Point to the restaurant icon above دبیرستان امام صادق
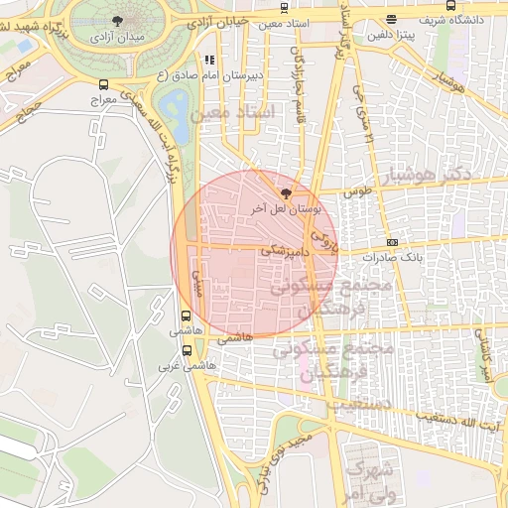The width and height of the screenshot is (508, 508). (x=208, y=60)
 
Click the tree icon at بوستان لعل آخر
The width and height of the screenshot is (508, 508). (x=288, y=193)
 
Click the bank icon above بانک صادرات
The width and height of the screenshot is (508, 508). (x=392, y=242)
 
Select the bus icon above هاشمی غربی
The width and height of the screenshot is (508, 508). (x=187, y=350)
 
